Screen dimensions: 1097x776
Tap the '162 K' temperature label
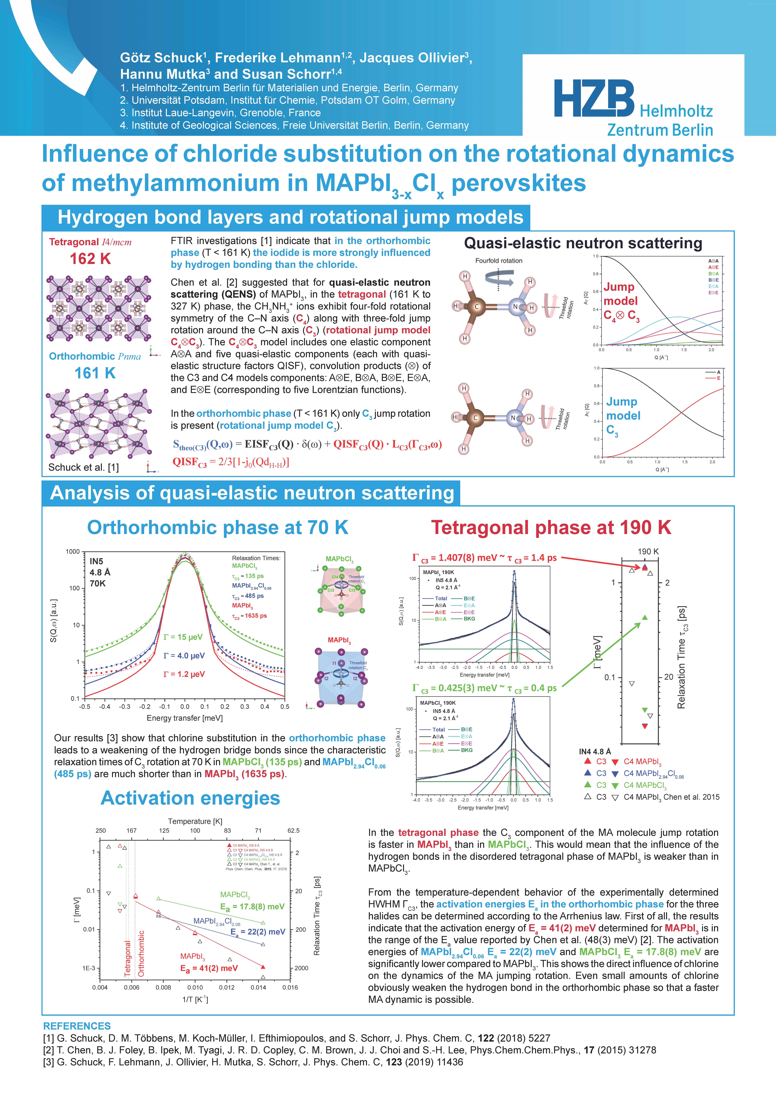click(90, 259)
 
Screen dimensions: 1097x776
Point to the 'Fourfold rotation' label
click(498, 260)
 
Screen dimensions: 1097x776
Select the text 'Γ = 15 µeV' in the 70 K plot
click(183, 637)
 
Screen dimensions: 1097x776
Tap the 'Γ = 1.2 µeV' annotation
click(184, 674)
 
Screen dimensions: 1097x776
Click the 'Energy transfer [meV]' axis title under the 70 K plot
click(184, 718)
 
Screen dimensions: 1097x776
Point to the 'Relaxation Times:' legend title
click(256, 558)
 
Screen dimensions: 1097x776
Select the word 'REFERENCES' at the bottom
click(77, 1026)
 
